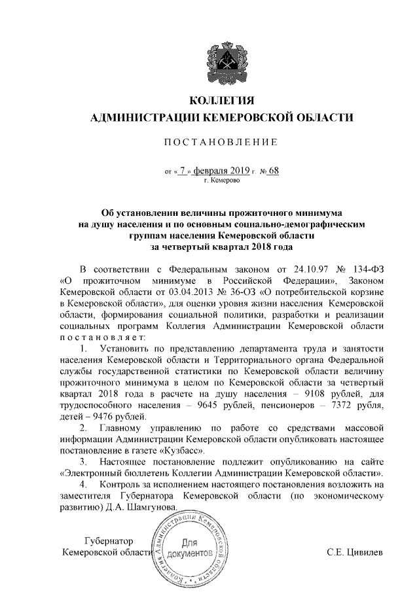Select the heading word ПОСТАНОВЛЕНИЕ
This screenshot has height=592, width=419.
[220, 142]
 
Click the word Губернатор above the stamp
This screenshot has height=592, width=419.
[109, 542]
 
